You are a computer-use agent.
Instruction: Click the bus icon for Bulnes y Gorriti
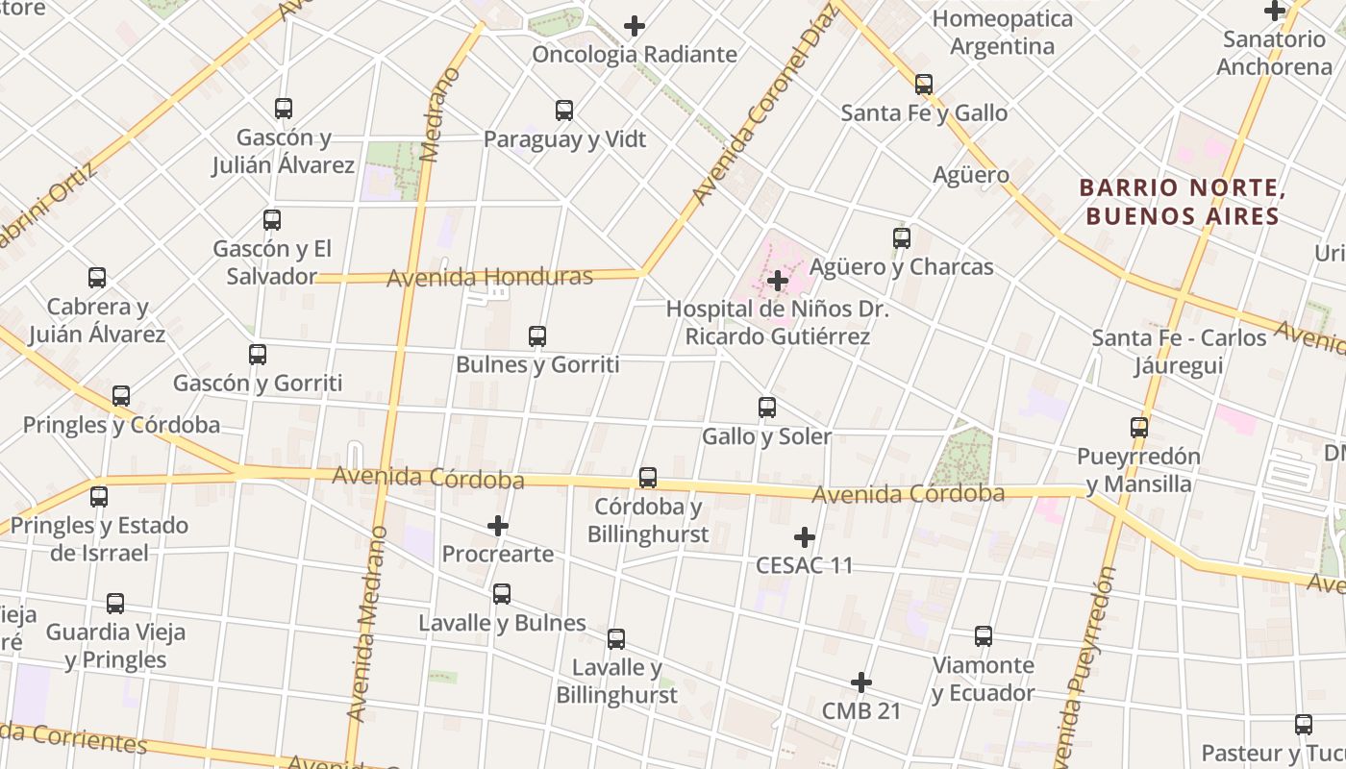click(537, 336)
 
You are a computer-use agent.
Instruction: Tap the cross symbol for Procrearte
click(498, 526)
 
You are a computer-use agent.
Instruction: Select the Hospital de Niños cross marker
click(778, 281)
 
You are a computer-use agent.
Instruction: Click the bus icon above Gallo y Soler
click(767, 408)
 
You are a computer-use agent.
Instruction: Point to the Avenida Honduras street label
click(489, 278)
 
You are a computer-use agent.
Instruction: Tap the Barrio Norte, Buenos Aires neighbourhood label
click(1182, 202)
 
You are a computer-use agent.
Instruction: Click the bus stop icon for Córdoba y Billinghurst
click(648, 478)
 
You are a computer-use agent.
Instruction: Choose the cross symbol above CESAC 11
click(805, 537)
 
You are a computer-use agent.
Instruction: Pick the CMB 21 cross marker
click(861, 683)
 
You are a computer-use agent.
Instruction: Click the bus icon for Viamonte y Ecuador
click(984, 636)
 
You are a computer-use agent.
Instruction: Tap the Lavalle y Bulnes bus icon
click(502, 594)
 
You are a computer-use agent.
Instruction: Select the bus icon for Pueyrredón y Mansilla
click(1139, 428)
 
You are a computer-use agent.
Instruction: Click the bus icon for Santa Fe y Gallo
click(924, 85)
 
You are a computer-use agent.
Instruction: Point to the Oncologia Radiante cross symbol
click(635, 26)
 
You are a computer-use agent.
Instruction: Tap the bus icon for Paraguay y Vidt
click(564, 111)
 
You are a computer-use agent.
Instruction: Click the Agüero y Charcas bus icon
click(902, 238)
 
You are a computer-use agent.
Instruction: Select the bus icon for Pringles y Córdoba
click(121, 396)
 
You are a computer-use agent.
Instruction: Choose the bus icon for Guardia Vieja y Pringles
click(115, 604)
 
